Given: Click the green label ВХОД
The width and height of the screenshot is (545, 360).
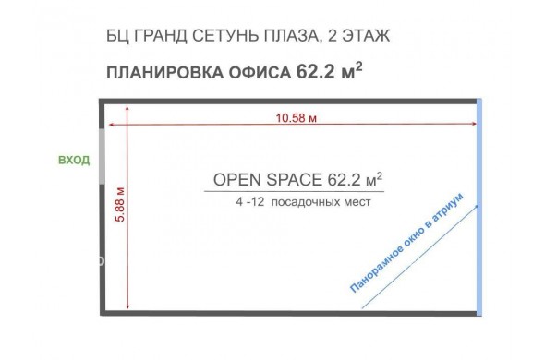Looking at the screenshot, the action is coord(74,161).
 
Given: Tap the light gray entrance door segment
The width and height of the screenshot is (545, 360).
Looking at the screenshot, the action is coord(103,156).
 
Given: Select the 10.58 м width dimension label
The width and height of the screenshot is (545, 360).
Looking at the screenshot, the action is coord(297,118).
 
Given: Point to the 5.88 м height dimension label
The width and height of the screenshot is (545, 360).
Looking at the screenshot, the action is coord(120,205).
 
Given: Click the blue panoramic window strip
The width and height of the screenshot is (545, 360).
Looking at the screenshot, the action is coord(479,207).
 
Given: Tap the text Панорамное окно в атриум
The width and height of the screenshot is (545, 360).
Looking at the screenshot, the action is coord(406,243).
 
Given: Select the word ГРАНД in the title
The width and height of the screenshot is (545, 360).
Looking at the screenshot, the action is coord(160,36).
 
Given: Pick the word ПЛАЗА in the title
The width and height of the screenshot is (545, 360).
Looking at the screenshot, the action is coord(292,37).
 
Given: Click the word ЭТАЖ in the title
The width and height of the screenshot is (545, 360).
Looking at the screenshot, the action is coord(366,36).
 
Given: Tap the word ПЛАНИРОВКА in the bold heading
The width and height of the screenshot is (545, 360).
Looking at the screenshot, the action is coord(164,73).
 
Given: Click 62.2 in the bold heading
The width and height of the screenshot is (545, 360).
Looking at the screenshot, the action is coord(315,72).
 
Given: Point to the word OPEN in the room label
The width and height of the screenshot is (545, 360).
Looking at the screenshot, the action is coord(237,180).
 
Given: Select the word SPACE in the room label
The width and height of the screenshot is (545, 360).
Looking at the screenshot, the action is coord(294,180).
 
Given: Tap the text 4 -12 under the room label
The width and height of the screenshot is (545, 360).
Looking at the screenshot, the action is coord(250,202).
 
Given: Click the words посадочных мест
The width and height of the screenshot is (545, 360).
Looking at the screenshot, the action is coord(321,202).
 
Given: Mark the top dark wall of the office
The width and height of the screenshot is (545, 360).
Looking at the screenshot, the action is coord(288,102).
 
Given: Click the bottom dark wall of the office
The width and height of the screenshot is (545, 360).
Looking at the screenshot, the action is coord(288,313).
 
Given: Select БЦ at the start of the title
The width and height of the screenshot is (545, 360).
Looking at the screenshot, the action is coord(117,37).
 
